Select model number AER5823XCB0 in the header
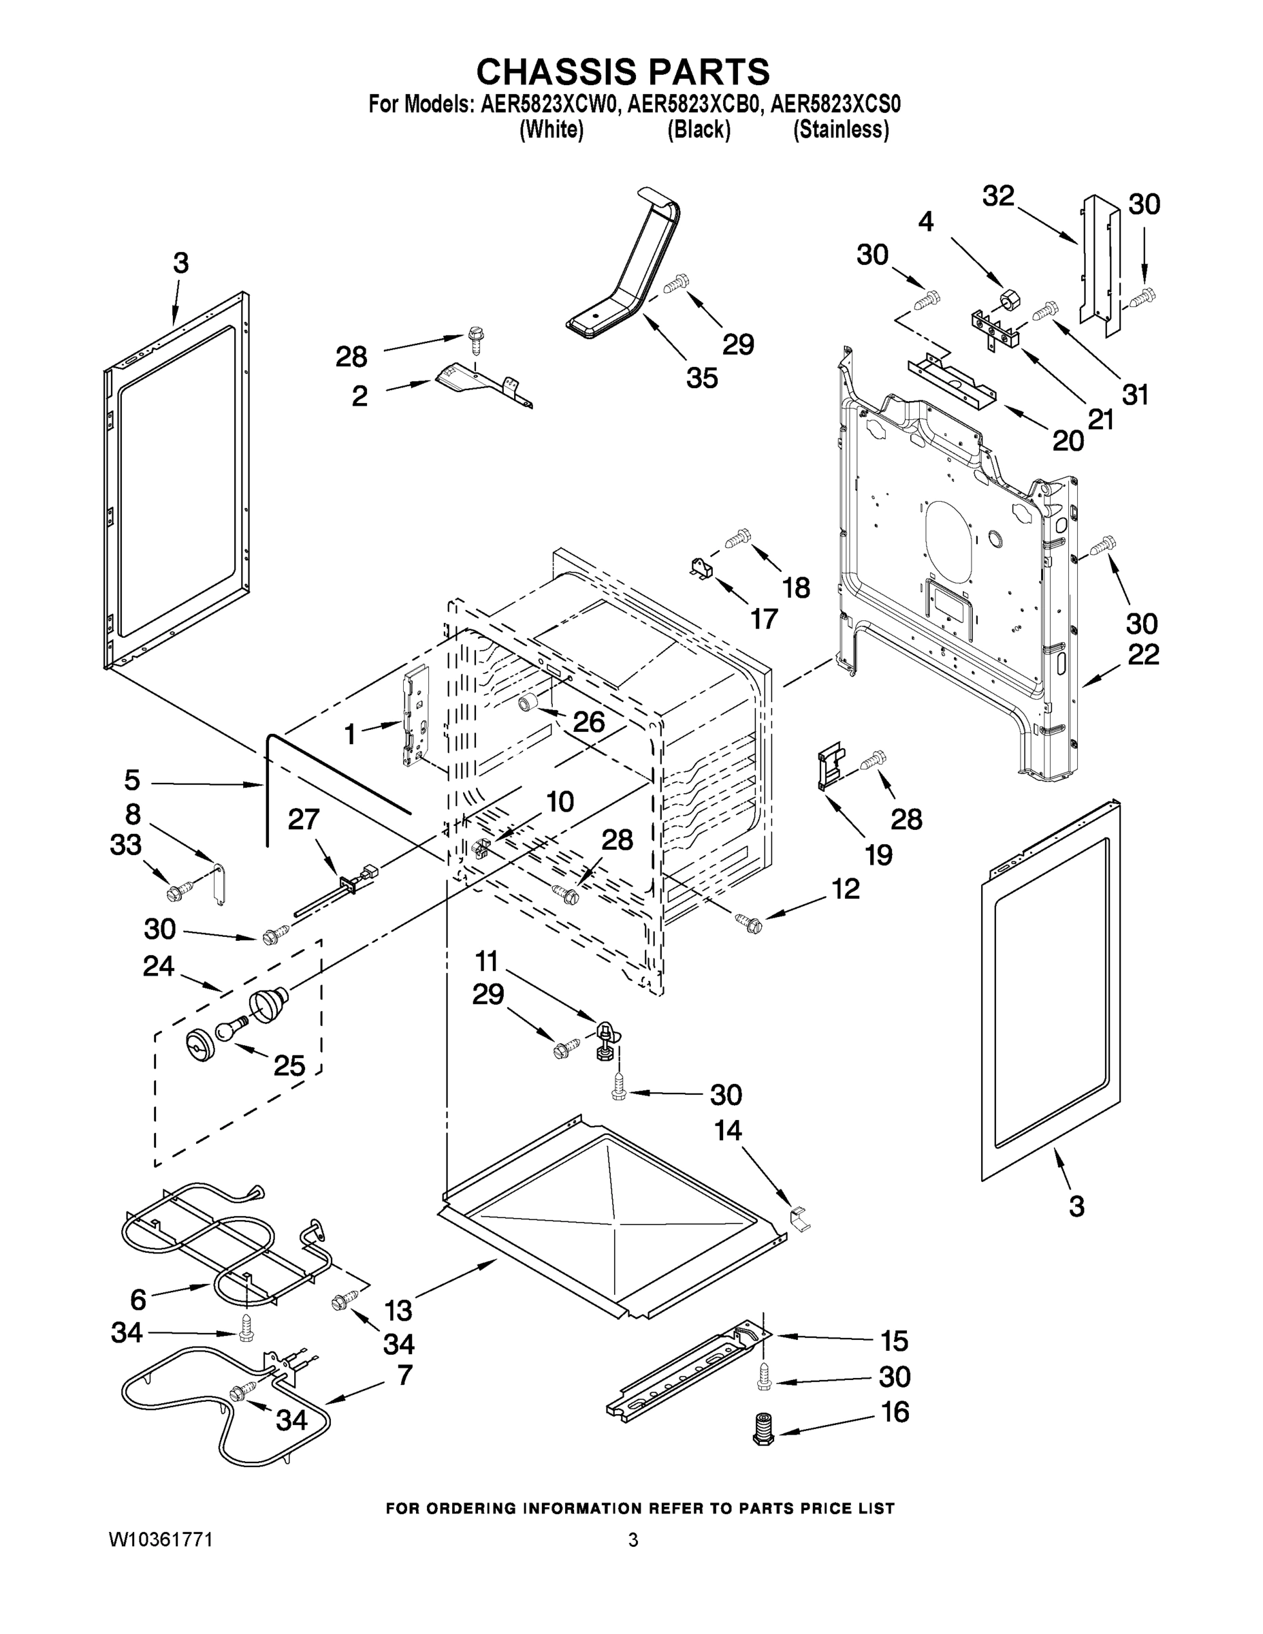[694, 105]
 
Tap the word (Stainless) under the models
[841, 130]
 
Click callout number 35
[702, 378]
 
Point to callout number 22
[1143, 655]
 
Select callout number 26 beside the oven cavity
[588, 721]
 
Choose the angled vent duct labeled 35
[628, 270]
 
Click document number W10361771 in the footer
[161, 1539]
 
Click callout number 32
[998, 196]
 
